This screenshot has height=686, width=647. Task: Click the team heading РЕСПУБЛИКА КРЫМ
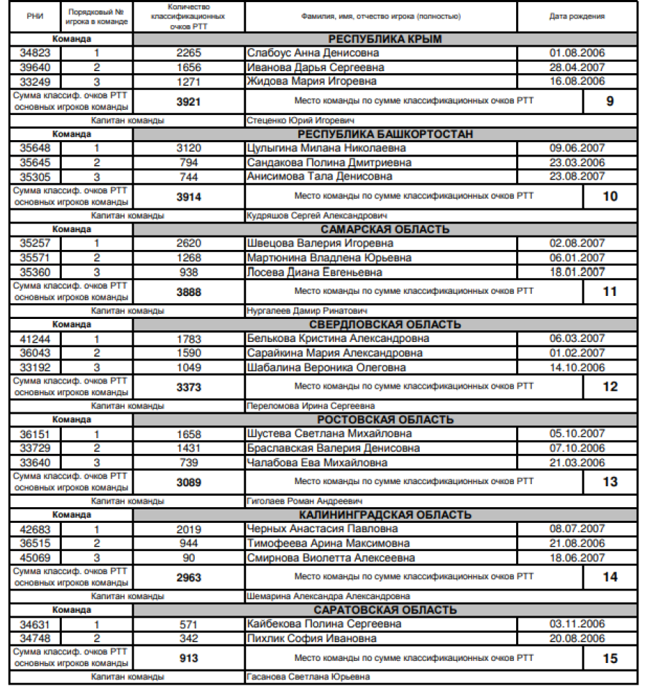385,39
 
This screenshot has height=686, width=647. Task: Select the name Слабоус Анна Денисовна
313,53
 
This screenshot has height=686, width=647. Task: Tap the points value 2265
188,53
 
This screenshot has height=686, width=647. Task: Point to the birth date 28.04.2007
577,68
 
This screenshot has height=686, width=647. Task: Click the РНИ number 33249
35,81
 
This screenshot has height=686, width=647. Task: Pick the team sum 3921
188,101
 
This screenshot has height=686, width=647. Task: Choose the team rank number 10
610,196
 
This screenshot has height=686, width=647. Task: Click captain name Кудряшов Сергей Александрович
317,215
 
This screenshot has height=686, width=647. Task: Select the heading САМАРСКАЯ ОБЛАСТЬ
385,229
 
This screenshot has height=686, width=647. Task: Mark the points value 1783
188,338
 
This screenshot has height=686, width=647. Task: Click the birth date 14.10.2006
577,367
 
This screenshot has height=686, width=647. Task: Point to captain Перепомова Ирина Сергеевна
311,406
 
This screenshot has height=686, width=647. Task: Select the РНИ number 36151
35,434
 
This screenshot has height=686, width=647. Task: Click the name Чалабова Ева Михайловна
317,463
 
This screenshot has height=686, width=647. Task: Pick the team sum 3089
188,482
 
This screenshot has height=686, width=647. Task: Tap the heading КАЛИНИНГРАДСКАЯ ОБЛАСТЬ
385,515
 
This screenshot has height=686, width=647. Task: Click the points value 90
188,557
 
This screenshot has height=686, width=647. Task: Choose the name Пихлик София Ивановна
311,639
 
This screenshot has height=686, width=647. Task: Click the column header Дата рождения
577,16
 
